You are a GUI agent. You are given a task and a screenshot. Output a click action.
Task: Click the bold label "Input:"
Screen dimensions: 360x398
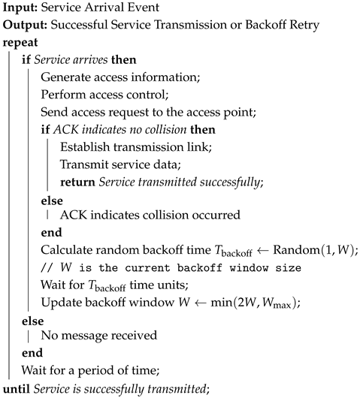pos(19,8)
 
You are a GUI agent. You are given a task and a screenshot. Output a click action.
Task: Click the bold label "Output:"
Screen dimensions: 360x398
pos(23,25)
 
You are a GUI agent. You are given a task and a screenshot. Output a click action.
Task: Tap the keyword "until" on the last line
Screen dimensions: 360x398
pos(17,388)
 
